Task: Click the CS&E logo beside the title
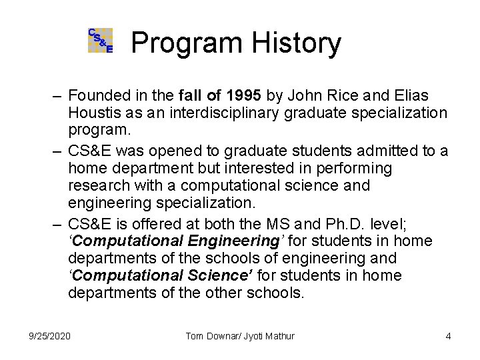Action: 101,41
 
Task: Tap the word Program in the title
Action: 177,43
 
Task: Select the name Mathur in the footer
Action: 280,335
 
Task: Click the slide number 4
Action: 448,335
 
